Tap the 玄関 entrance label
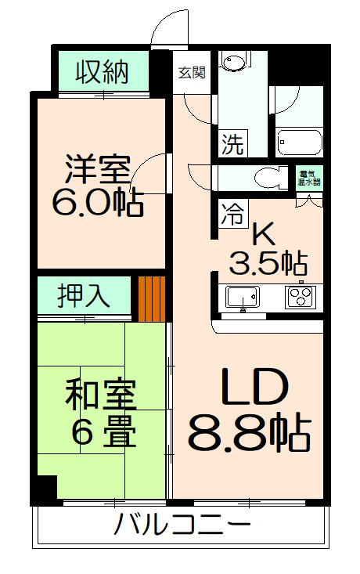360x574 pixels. point(191,72)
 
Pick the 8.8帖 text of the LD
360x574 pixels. point(249,430)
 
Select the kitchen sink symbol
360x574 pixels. point(242,297)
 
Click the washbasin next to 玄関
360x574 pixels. point(233,63)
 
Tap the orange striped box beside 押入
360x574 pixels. point(152,298)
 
